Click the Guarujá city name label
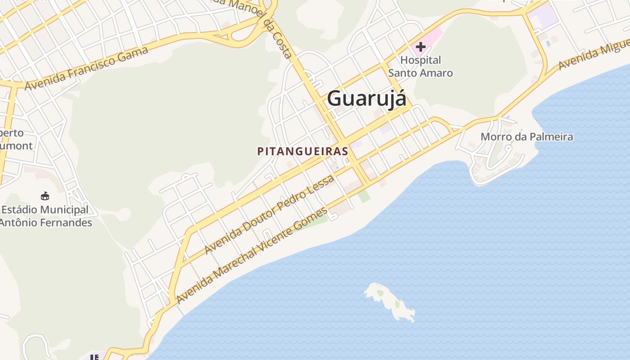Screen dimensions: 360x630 pos(366,98)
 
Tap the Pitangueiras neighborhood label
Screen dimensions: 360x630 pos(303,152)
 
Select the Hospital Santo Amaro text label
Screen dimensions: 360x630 pos(420,66)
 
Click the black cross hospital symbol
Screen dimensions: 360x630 pos(421,46)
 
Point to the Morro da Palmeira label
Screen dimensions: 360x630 pos(526,137)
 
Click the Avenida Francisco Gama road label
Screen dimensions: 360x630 pos(86,68)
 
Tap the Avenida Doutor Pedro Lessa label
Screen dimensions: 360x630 pos(269,214)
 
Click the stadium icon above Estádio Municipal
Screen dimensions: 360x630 pos(45,196)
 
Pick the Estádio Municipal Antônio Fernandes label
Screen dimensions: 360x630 pos(45,216)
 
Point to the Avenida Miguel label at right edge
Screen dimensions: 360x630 pos(594,54)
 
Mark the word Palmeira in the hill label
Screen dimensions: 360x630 pos(551,137)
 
